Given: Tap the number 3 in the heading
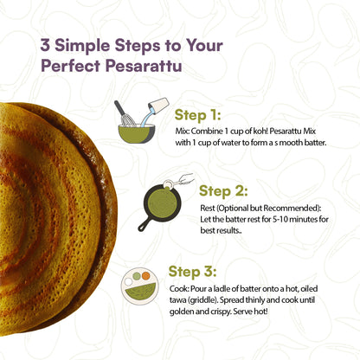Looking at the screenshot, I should (43, 43).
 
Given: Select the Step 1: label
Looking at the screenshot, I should (197, 113).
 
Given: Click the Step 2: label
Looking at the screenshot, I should (222, 190).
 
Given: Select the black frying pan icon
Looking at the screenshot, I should (162, 211).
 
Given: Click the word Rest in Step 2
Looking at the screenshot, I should (206, 207).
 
